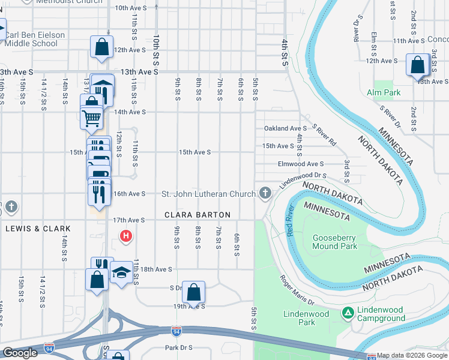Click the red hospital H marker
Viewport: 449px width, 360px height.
coord(126,236)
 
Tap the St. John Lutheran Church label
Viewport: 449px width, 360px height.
coord(209,194)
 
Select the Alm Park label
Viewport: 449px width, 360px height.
coord(384,93)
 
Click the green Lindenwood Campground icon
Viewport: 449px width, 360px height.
coord(347,313)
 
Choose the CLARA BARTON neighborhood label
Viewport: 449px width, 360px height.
coord(197,215)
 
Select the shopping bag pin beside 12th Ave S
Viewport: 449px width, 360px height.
coord(102,47)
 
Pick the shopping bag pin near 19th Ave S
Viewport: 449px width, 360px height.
coord(193,293)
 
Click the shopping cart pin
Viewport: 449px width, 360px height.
coord(91,118)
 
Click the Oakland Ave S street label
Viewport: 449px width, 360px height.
coord(286,128)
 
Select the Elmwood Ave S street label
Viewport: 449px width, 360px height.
coord(301,164)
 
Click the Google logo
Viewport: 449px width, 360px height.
coord(20,353)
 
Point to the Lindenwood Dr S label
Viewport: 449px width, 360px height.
coord(303,177)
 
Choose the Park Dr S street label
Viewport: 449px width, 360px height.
coord(178,347)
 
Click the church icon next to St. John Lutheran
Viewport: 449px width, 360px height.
coord(265,193)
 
